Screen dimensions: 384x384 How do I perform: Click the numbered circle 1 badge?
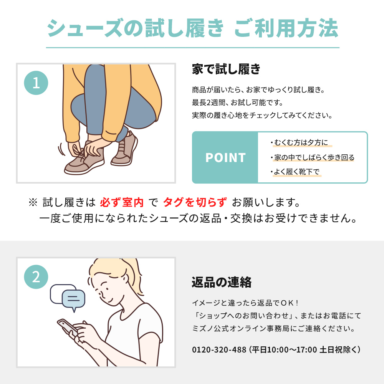coord(36,83)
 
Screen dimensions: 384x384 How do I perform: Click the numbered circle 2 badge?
coord(36,277)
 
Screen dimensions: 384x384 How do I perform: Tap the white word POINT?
coord(225,157)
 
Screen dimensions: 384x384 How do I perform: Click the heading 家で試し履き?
coord(226,69)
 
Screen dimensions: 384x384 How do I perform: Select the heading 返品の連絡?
coord(222,282)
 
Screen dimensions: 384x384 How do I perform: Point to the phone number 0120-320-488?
coord(219,349)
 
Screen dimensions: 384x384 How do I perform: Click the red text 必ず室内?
coord(121,202)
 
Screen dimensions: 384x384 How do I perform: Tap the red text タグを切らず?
coord(195,202)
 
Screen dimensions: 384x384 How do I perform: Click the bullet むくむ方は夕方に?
coord(301,142)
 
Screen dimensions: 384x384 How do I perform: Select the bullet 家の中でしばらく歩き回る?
coord(313,157)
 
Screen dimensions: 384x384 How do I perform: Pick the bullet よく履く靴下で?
coord(295,172)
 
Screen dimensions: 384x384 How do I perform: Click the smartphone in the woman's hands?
coord(67,326)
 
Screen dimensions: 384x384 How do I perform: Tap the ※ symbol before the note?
coord(33,202)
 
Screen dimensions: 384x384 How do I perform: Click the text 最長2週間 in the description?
coord(209,103)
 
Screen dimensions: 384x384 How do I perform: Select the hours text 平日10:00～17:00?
coord(285,349)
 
